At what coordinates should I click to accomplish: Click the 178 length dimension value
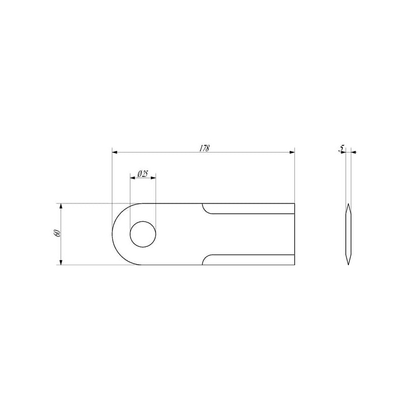(x=205, y=148)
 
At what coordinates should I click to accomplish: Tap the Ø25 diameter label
(x=143, y=174)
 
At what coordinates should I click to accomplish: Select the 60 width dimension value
(x=58, y=233)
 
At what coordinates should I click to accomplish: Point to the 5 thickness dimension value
(x=341, y=148)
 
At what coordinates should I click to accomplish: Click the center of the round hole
(x=143, y=234)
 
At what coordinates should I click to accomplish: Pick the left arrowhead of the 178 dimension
(x=115, y=152)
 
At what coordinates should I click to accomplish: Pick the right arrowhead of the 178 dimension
(x=292, y=152)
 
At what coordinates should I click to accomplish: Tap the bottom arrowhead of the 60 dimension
(x=61, y=262)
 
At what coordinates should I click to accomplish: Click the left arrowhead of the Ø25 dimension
(x=133, y=178)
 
